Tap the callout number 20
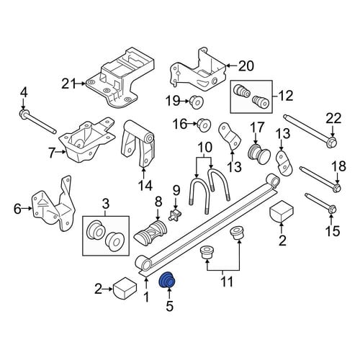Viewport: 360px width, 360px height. (246, 66)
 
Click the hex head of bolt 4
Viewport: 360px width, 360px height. (24, 113)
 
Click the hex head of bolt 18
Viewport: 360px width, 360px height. (337, 187)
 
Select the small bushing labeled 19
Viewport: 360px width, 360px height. (197, 102)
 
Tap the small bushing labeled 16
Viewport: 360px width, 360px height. (204, 125)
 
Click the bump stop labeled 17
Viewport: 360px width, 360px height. (258, 153)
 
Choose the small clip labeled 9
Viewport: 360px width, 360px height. (176, 214)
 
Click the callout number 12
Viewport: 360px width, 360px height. (285, 96)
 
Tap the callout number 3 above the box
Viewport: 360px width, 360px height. (106, 204)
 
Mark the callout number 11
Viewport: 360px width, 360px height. (227, 282)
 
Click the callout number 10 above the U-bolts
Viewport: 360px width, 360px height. (204, 147)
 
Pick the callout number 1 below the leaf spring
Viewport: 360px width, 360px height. (146, 297)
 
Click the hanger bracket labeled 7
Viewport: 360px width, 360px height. (87, 144)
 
